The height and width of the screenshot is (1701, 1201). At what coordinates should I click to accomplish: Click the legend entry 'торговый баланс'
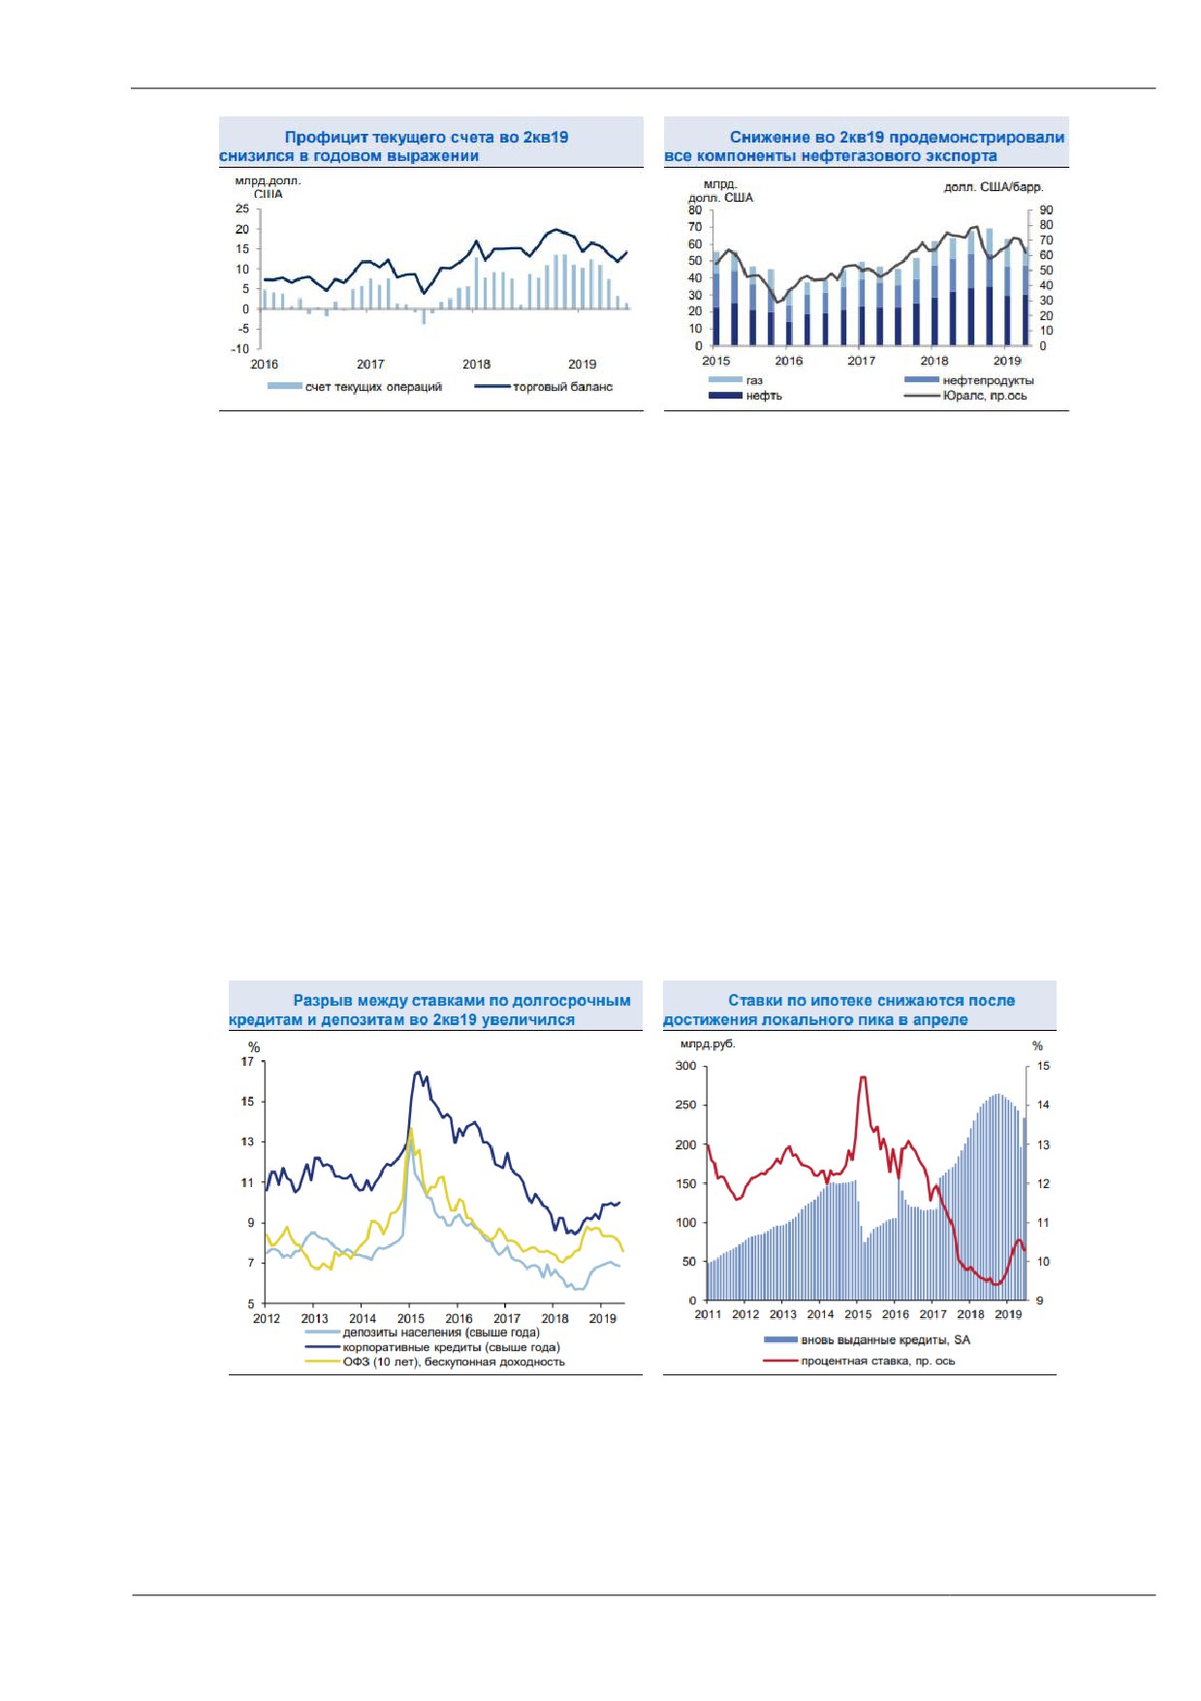click(x=563, y=387)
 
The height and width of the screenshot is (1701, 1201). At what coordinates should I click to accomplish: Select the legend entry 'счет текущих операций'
click(x=373, y=387)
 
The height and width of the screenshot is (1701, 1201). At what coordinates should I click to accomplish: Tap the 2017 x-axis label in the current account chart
click(x=370, y=365)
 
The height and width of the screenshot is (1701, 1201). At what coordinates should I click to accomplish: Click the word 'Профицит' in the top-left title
click(x=326, y=138)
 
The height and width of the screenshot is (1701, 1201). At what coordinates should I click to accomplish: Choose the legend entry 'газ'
click(x=754, y=380)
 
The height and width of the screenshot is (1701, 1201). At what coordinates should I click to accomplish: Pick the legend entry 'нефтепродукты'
click(x=988, y=380)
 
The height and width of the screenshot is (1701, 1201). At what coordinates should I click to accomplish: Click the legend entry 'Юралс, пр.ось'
click(x=985, y=396)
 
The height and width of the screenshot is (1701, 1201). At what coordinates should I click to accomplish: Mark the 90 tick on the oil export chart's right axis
click(x=1046, y=210)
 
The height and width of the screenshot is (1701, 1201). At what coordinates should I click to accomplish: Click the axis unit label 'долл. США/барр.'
click(x=994, y=187)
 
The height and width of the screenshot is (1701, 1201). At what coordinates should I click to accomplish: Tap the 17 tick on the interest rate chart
click(x=248, y=1062)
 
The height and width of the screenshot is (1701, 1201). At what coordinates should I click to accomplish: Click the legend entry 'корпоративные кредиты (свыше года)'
click(x=452, y=1347)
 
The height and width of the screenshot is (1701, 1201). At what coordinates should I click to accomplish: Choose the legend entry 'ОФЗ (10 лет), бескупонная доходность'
click(x=454, y=1362)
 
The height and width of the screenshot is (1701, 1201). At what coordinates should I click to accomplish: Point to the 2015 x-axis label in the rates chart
click(x=411, y=1319)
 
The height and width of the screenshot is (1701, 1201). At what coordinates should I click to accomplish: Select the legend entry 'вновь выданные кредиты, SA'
click(x=885, y=1340)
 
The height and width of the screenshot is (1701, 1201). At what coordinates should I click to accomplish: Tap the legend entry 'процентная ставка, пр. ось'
click(x=878, y=1361)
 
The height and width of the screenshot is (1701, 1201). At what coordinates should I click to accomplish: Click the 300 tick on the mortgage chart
click(x=685, y=1067)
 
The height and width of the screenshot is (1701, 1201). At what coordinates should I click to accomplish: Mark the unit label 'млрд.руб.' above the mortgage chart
click(x=708, y=1044)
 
